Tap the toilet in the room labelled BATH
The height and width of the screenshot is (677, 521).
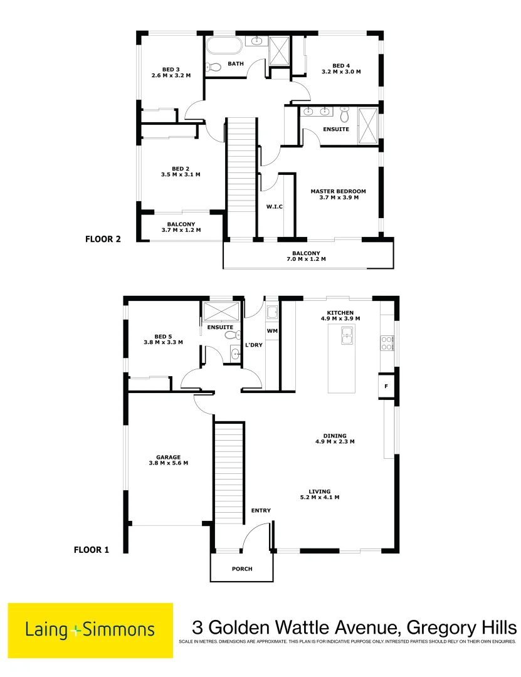pyautogui.click(x=213, y=68)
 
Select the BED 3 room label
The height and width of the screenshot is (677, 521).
pyautogui.click(x=171, y=70)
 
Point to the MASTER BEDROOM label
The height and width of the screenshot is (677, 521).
pyautogui.click(x=338, y=191)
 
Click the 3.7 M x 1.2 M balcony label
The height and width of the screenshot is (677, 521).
pyautogui.click(x=181, y=230)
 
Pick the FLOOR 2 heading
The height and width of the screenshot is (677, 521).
pyautogui.click(x=103, y=239)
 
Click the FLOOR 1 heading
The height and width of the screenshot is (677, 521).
pyautogui.click(x=92, y=550)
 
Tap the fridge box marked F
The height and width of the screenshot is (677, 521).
pyautogui.click(x=386, y=386)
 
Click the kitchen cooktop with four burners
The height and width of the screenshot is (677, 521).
pyautogui.click(x=387, y=342)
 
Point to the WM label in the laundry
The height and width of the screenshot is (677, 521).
pyautogui.click(x=272, y=330)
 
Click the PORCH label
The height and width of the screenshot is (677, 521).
pyautogui.click(x=242, y=569)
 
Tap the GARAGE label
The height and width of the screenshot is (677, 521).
pyautogui.click(x=169, y=457)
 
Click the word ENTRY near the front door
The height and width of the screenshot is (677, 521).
pyautogui.click(x=261, y=510)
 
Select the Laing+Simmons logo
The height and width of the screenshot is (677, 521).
pyautogui.click(x=90, y=630)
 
